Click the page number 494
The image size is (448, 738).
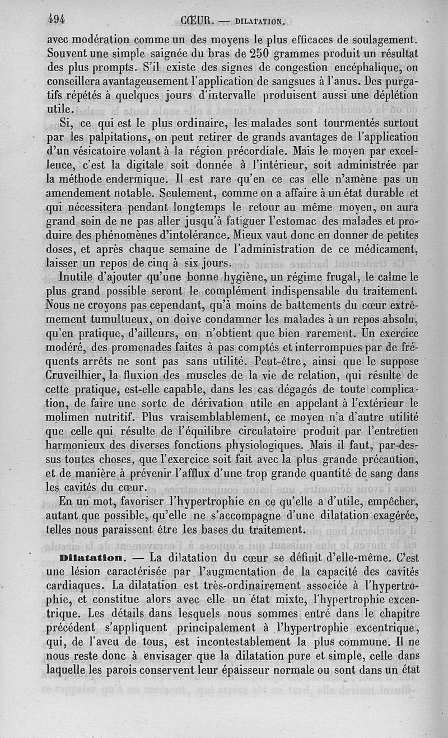pyautogui.click(x=56, y=19)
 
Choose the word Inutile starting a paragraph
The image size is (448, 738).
pyautogui.click(x=79, y=277)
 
